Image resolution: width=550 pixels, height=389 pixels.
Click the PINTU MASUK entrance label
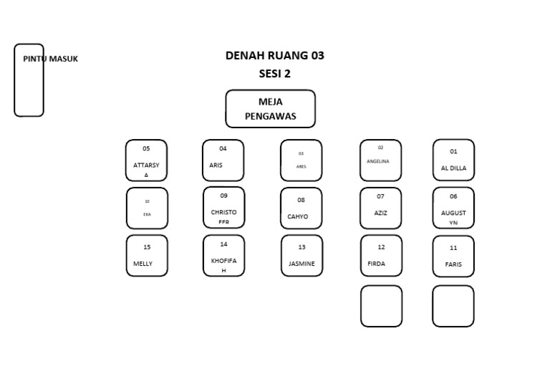[x=50, y=59]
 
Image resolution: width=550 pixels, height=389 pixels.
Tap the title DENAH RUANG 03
[x=274, y=55]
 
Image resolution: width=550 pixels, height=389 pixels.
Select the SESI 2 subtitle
[x=274, y=73]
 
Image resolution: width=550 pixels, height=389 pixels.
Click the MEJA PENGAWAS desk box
[x=270, y=108]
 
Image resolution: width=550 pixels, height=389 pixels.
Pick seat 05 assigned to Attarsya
[x=146, y=160]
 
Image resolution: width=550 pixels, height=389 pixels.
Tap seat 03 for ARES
[x=301, y=160]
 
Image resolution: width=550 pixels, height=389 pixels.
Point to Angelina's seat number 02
[x=380, y=148]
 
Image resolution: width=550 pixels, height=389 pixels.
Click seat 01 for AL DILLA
[x=453, y=160]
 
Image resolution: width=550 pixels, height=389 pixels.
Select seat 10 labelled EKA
[x=147, y=208]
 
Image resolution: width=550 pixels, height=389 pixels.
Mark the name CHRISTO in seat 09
[x=223, y=213]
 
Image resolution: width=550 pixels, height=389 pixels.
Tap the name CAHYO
[x=298, y=216]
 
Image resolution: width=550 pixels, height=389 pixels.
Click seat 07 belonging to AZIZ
[x=380, y=208]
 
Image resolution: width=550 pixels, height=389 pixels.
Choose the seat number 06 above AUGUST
[x=453, y=196]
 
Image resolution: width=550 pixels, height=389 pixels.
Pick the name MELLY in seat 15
[x=143, y=264]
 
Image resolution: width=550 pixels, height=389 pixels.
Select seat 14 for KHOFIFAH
[x=223, y=255]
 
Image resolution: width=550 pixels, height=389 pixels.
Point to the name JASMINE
[x=301, y=264]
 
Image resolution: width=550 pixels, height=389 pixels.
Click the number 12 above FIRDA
[x=381, y=247]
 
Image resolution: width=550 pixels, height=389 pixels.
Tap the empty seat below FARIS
[x=453, y=306]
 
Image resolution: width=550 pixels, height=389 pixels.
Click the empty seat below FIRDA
[x=381, y=306]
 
